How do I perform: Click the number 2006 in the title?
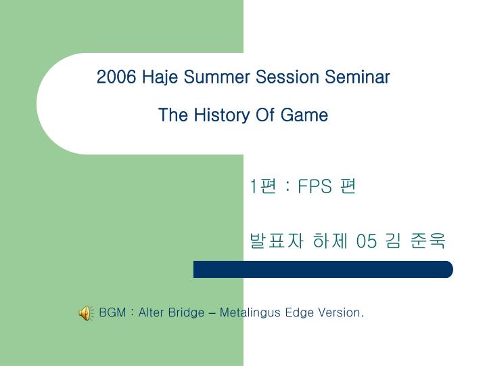pyautogui.click(x=116, y=77)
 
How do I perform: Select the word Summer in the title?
pyautogui.click(x=216, y=77)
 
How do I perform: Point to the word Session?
pyautogui.click(x=287, y=77)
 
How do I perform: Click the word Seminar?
pyautogui.click(x=357, y=77)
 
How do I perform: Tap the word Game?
pyautogui.click(x=304, y=115)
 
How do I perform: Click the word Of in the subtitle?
pyautogui.click(x=264, y=115)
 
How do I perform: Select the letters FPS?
pyautogui.click(x=315, y=186)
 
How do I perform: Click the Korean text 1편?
pyautogui.click(x=263, y=186)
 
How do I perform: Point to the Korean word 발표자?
pyautogui.click(x=277, y=241)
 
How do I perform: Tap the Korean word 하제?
pyautogui.click(x=330, y=241)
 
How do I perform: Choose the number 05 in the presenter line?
pyautogui.click(x=367, y=241)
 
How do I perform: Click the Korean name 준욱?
pyautogui.click(x=427, y=241)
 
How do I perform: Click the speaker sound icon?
pyautogui.click(x=86, y=313)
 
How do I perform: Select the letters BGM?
pyautogui.click(x=112, y=312)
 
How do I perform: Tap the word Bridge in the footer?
pyautogui.click(x=187, y=312)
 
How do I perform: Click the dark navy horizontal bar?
pyautogui.click(x=323, y=269)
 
